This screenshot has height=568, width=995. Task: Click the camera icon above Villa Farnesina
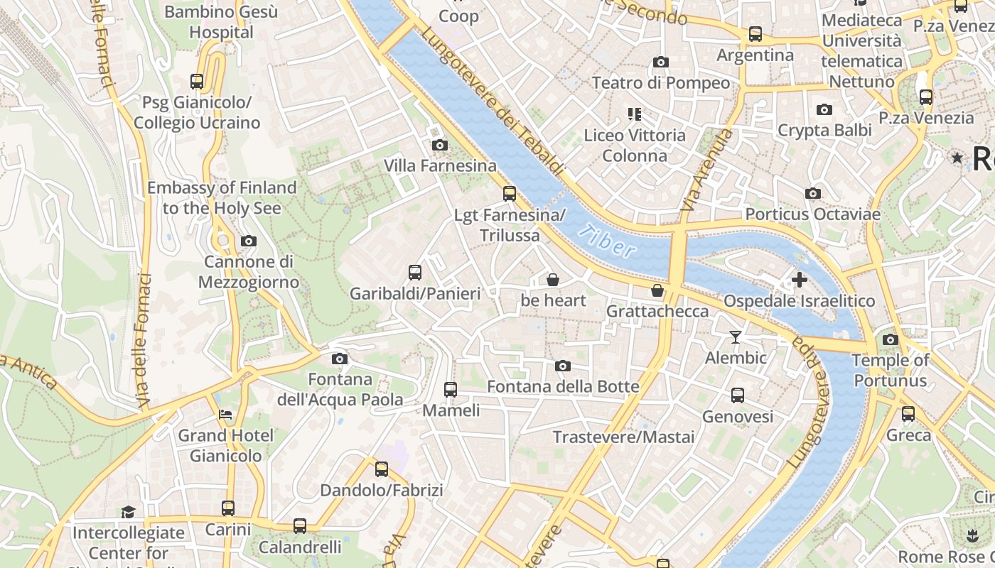[440, 145]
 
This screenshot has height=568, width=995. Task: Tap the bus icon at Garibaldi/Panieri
[415, 272]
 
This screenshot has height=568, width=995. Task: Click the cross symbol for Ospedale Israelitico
[799, 280]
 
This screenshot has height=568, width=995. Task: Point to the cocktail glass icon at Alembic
[736, 337]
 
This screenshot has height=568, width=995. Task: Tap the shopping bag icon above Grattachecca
[657, 290]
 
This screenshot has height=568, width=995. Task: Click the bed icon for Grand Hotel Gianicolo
[225, 414]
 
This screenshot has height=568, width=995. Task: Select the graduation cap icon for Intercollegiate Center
[128, 511]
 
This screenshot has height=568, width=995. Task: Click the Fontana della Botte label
[563, 387]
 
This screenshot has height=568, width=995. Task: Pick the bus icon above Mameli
[451, 389]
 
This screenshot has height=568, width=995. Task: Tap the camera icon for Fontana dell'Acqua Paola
[340, 359]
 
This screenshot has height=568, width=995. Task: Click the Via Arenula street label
[705, 170]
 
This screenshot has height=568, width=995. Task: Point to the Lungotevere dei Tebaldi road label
[492, 102]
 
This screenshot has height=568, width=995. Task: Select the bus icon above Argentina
[755, 33]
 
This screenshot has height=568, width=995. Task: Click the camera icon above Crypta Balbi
[824, 109]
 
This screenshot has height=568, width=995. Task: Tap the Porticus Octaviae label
[812, 214]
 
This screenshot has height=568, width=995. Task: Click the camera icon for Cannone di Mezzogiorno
[248, 241]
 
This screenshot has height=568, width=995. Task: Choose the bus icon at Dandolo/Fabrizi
[382, 469]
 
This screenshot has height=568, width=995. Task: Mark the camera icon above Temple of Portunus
[890, 339]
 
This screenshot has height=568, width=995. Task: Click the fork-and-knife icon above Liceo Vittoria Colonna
[635, 114]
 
